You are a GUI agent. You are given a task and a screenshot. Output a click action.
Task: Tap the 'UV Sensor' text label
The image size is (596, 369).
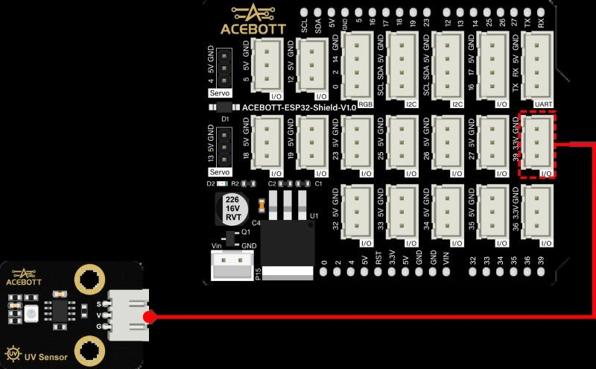click(x=46, y=358)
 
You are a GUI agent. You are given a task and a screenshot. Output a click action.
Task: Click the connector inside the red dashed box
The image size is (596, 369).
click(x=538, y=145)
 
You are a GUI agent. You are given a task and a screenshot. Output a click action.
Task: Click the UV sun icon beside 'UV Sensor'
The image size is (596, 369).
click(x=13, y=353)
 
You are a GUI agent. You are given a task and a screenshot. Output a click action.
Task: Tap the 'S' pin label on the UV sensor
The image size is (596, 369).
click(x=99, y=303)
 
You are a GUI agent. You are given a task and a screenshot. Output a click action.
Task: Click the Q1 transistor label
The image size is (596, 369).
click(x=247, y=233)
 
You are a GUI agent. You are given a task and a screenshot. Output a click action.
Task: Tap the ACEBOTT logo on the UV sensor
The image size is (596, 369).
click(x=24, y=278)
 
